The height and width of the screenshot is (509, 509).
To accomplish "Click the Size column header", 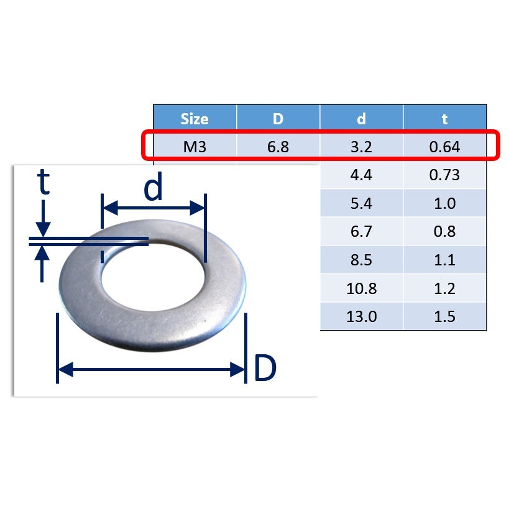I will tap(195, 119).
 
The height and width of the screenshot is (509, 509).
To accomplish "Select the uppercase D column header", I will tap(278, 119).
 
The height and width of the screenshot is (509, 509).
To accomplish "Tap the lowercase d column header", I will tap(361, 119).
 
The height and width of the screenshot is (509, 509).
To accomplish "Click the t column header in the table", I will tap(444, 119).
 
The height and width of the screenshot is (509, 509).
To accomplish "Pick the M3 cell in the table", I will tap(195, 147).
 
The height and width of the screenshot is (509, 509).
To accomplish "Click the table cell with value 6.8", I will tap(278, 147).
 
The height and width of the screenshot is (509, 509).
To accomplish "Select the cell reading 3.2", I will tap(361, 147).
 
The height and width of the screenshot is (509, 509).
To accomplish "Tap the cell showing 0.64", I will tap(444, 147).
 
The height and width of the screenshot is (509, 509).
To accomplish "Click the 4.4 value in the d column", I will tap(361, 175).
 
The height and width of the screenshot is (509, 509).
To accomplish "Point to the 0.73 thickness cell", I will tap(444, 175).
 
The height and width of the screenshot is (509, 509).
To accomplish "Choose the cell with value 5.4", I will tap(361, 203).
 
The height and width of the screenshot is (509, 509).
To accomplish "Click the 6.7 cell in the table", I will tap(361, 232).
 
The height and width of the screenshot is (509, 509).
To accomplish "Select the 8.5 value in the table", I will tap(361, 260).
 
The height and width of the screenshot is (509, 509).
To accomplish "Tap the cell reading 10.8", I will tap(361, 288).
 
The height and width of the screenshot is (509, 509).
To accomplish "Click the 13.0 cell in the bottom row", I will tap(361, 316).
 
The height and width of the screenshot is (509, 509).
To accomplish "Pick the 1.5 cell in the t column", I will tap(444, 316).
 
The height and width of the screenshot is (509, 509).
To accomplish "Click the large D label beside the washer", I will tap(265, 369).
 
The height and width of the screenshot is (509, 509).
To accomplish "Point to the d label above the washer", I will tap(153, 189).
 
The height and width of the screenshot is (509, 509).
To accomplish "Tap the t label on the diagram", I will tap(43, 183).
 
